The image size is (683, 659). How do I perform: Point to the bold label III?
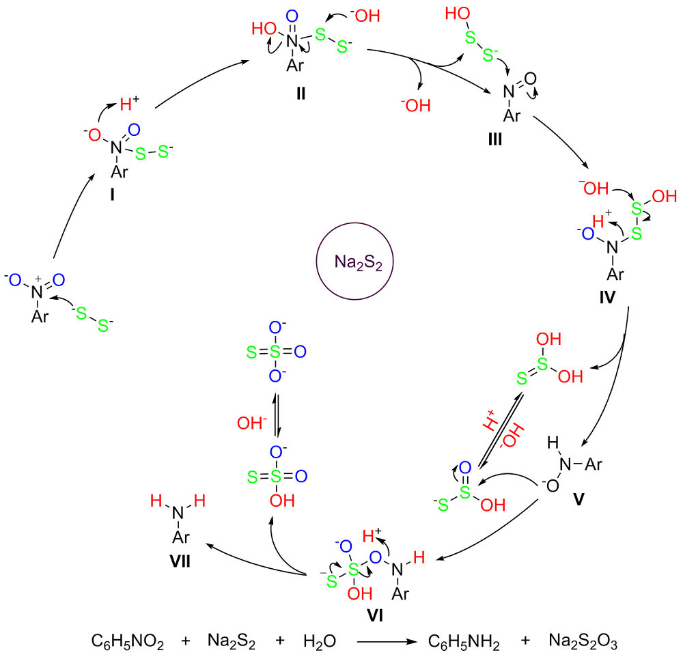(x=494, y=139)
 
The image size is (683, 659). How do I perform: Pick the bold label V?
(x=579, y=499)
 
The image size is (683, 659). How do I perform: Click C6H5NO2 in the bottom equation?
(x=127, y=642)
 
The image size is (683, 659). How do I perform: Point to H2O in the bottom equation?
(x=318, y=642)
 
